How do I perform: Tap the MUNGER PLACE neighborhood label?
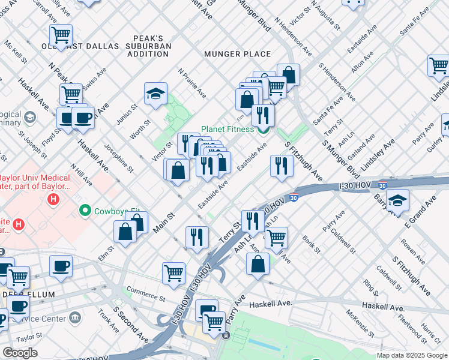(238, 54)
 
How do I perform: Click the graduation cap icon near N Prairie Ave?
(155, 94)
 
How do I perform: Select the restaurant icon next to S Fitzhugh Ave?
(281, 165)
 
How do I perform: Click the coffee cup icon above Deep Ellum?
(61, 266)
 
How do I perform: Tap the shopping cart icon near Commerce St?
(173, 272)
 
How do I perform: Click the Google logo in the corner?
(20, 353)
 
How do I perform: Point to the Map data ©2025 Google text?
(412, 355)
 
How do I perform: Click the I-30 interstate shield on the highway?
(292, 196)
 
